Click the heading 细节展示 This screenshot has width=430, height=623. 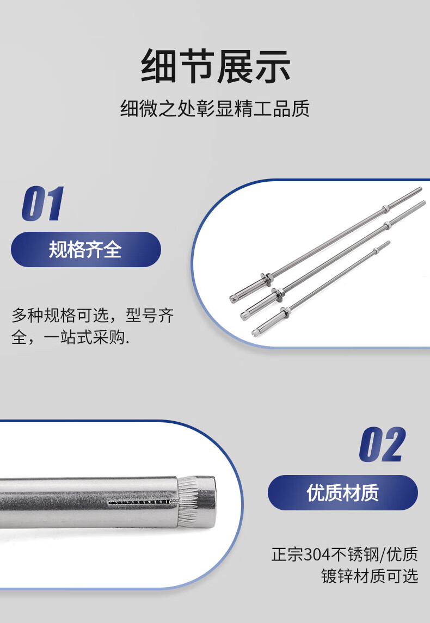point(216,65)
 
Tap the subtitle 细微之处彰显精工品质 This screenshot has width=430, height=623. point(215,108)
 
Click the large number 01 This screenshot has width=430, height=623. point(43,203)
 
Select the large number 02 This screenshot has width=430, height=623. point(382,445)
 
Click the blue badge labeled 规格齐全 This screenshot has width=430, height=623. point(86,250)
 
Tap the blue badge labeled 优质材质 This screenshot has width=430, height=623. point(343,492)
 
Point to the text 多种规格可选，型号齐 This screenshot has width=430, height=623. point(93,316)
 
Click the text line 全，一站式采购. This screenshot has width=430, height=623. point(70,337)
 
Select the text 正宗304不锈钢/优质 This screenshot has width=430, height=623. point(345,554)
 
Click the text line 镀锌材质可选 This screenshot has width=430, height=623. point(370,576)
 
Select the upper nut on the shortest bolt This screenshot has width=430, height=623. point(376,251)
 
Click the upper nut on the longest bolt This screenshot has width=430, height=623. point(385,208)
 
